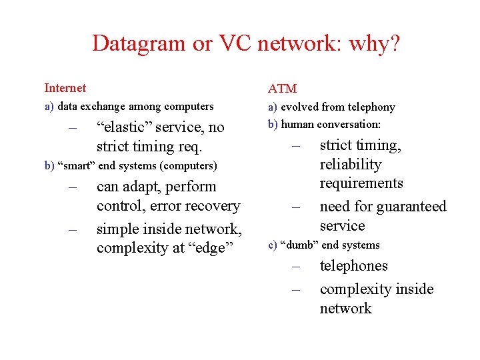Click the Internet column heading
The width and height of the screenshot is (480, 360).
(65, 88)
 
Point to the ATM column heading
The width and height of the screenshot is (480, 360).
(282, 89)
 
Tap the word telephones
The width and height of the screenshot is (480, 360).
(353, 266)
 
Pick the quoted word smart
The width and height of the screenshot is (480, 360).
(76, 165)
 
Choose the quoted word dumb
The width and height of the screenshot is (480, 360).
(299, 245)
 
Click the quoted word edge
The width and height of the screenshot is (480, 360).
(215, 248)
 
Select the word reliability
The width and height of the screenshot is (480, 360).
(350, 165)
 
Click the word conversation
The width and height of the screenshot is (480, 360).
(349, 124)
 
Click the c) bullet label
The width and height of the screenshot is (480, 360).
(272, 245)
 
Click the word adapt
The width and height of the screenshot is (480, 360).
(142, 187)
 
